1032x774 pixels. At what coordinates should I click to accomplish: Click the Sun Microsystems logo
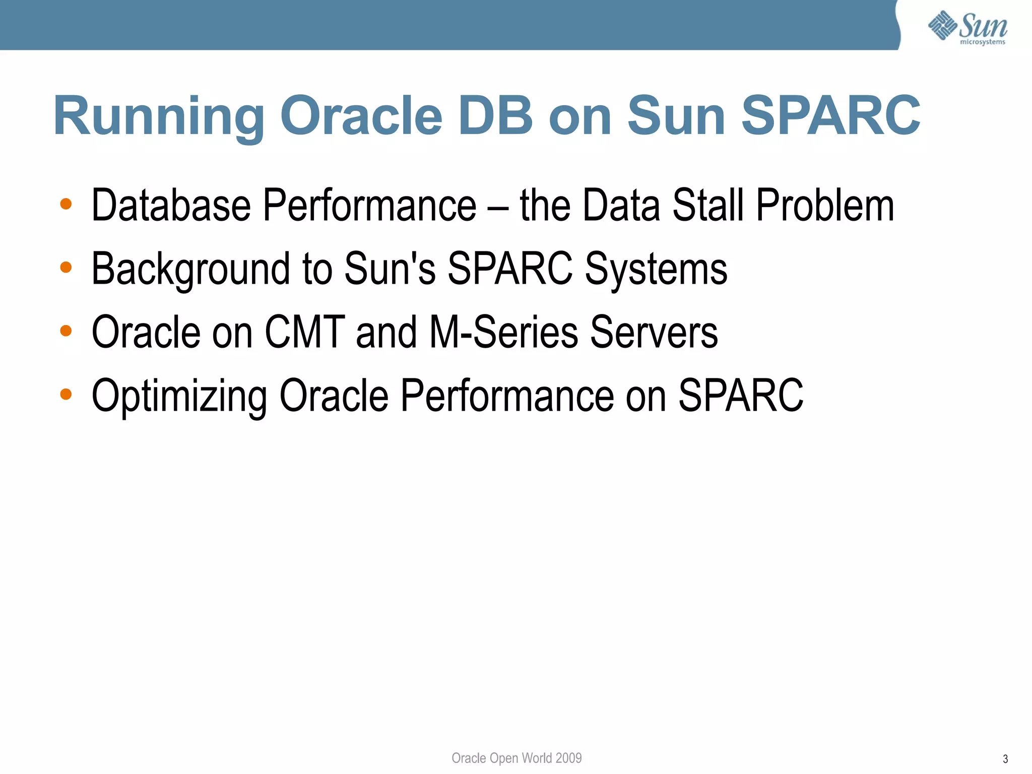(967, 28)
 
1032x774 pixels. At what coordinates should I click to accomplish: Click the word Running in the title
(159, 117)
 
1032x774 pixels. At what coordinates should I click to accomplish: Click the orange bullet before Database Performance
(66, 204)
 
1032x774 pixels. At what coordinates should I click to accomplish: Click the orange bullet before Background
(66, 268)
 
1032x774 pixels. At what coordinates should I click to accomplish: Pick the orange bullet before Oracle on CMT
(66, 331)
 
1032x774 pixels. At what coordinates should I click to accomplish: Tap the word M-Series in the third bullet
(503, 332)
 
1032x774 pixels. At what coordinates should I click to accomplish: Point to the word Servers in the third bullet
(654, 332)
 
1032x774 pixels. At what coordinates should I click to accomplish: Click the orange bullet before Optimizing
(66, 394)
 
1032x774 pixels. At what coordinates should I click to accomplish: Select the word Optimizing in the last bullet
(179, 397)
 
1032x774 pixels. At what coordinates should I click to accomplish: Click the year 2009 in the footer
(568, 758)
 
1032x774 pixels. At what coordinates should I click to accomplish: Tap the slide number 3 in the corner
(1005, 759)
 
